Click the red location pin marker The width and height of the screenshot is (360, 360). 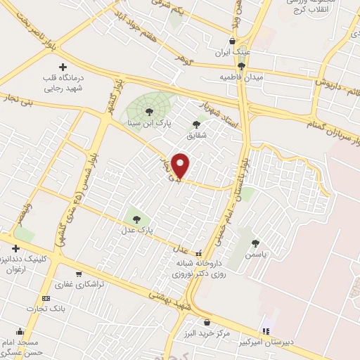(181, 166)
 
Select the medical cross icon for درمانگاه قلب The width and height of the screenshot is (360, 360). (63, 66)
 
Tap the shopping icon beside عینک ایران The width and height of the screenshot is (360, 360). (232, 41)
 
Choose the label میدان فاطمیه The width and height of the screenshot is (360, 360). (241, 76)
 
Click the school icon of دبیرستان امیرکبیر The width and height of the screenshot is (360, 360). (266, 330)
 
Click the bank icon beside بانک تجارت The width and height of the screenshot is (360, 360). (46, 298)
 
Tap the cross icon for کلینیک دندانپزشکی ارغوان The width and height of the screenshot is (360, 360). (15, 248)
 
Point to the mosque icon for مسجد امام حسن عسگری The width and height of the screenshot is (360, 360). (20, 331)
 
